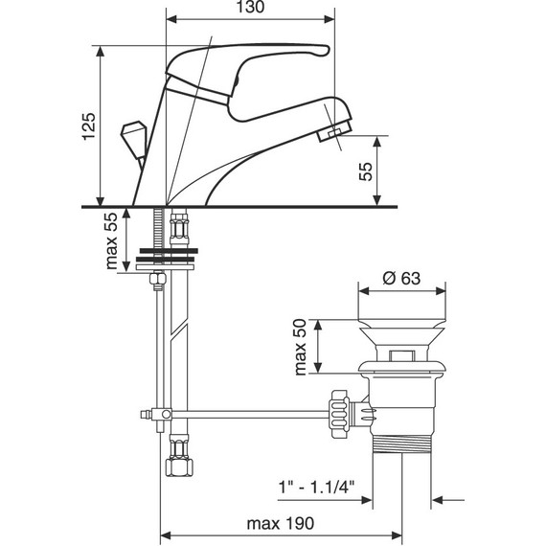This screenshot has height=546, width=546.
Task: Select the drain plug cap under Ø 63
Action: [402, 326]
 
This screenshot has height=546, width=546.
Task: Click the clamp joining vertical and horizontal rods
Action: [163, 414]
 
